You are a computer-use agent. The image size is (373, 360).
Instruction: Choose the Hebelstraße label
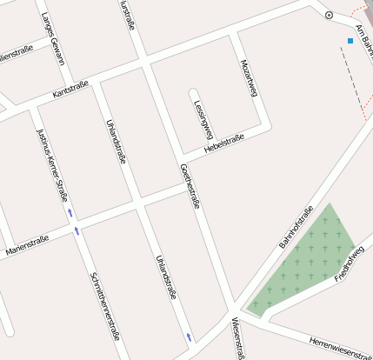(x=223, y=143)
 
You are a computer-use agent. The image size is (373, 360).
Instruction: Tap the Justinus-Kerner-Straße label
(x=51, y=166)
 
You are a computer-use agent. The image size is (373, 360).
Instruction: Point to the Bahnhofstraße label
(x=296, y=227)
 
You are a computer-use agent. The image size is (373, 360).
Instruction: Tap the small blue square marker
(x=350, y=41)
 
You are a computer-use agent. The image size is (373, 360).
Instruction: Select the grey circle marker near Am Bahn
(x=329, y=15)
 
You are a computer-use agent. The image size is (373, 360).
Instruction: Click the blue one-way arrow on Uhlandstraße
(x=189, y=336)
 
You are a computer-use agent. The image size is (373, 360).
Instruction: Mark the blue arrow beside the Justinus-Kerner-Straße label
(x=69, y=212)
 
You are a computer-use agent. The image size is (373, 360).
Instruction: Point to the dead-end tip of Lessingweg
(x=193, y=93)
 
